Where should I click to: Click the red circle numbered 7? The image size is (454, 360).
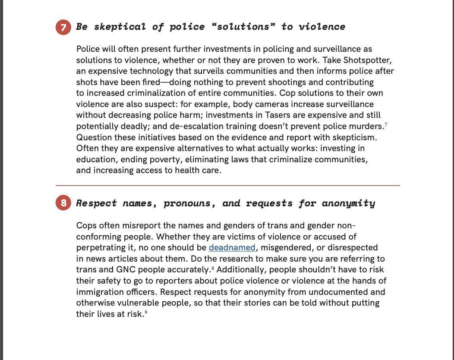coord(63,28)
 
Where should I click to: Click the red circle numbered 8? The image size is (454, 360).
coord(63,203)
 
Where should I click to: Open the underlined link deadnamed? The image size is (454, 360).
coord(232,248)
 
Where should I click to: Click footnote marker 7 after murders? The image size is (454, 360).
coord(386,125)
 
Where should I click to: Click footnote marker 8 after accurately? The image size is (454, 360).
coord(213,268)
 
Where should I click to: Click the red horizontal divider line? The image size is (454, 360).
coord(227,186)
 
